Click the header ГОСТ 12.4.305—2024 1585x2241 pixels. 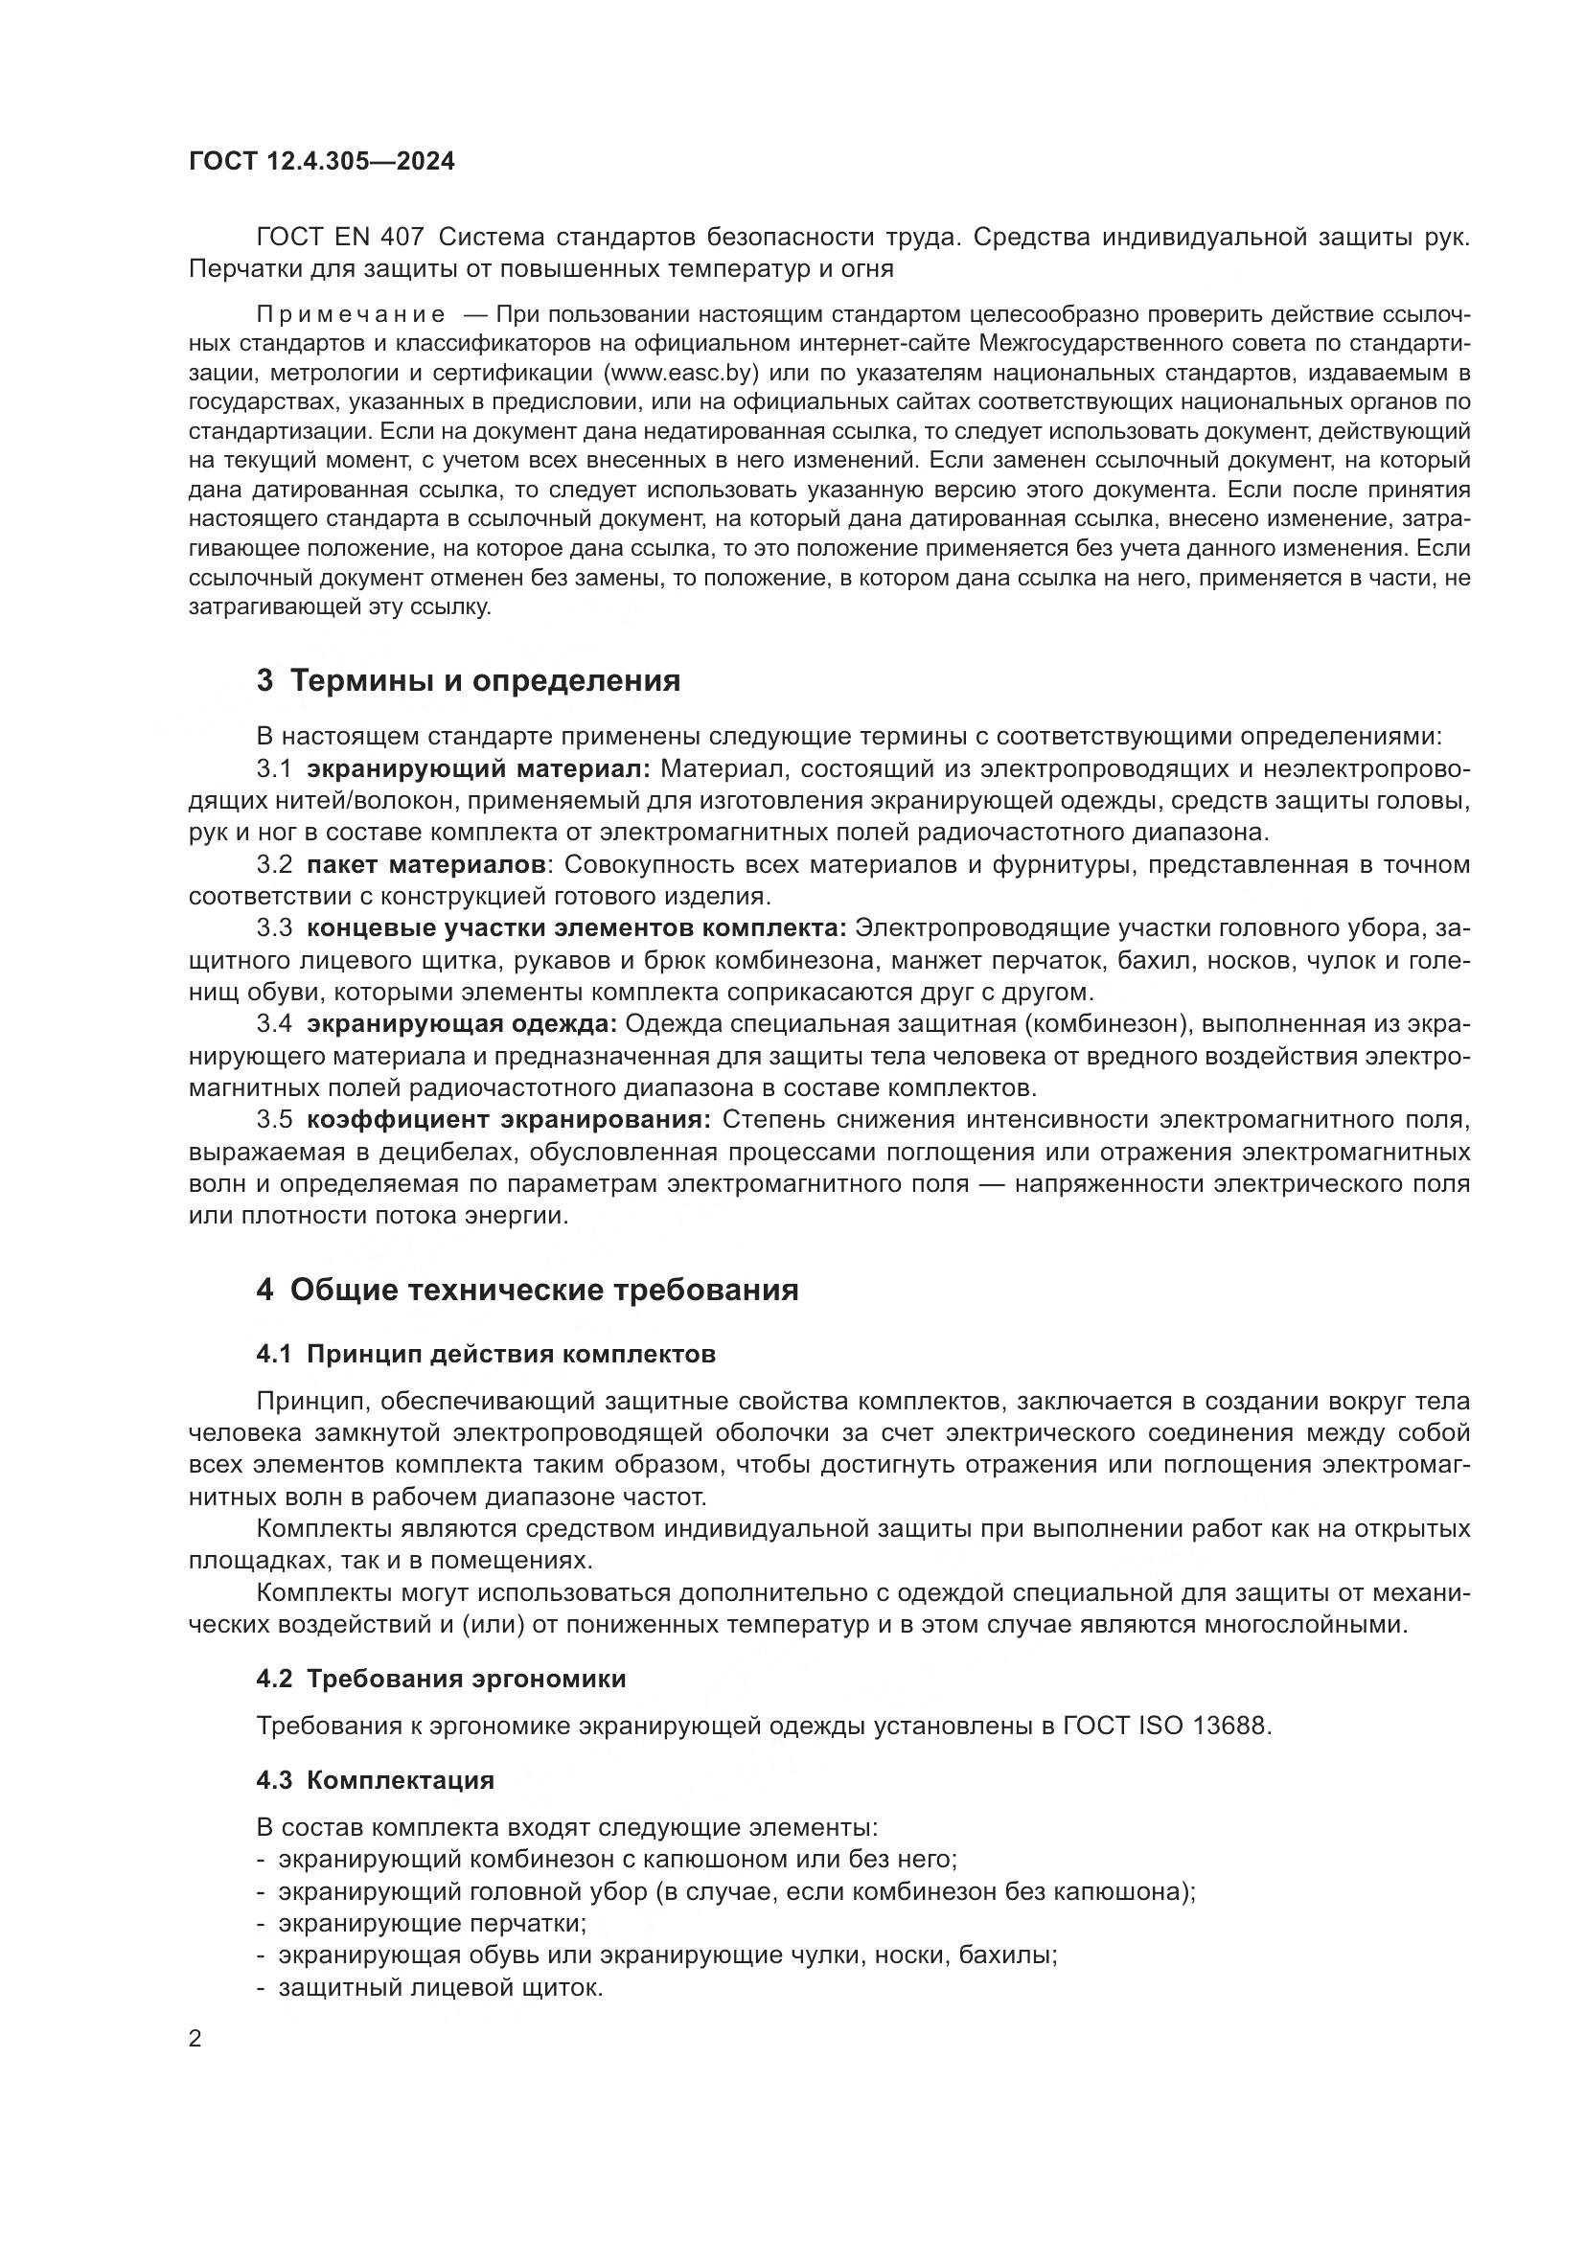(321, 162)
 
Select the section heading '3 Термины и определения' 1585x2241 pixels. (469, 680)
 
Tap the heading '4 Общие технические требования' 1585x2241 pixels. (527, 1290)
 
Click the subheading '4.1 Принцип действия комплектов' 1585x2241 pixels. (486, 1354)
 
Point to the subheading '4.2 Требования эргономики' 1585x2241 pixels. (441, 1679)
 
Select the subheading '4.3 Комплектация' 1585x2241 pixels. (376, 1779)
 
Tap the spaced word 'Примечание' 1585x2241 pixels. (351, 314)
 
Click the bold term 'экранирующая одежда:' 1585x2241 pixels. (462, 1024)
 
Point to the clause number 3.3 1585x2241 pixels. (274, 928)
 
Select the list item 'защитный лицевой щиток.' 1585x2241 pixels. (441, 1986)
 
